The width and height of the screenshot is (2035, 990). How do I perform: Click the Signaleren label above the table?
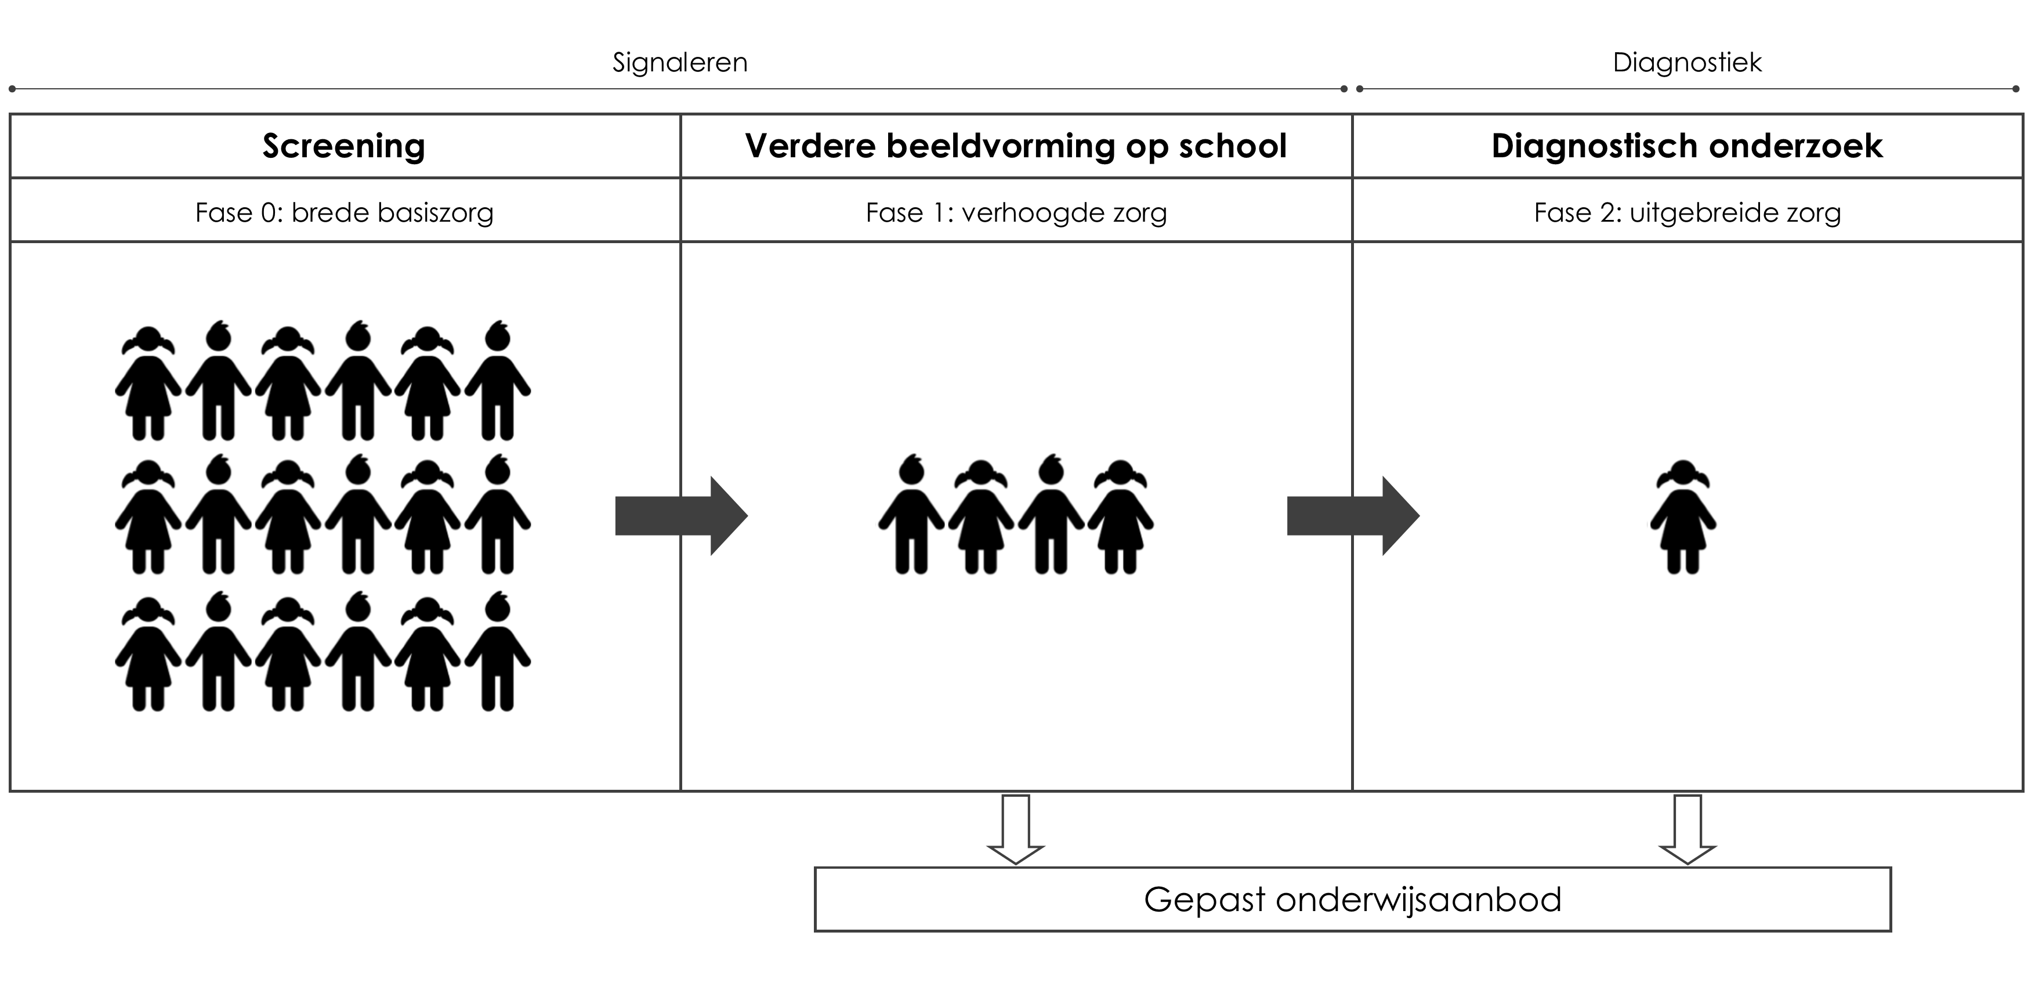(x=680, y=63)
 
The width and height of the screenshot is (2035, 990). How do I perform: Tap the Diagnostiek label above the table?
(x=1688, y=63)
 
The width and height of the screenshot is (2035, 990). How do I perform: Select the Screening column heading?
(x=343, y=147)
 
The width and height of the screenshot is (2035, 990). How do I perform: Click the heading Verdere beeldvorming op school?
(x=1016, y=146)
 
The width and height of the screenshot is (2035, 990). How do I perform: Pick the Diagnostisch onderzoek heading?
(x=1688, y=147)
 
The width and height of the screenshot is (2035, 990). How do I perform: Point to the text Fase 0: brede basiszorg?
(x=345, y=212)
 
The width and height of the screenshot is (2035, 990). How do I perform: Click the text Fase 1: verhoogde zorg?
(x=1016, y=212)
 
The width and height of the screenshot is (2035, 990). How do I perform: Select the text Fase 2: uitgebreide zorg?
(x=1688, y=212)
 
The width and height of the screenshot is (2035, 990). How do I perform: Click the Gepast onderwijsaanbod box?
(x=1352, y=899)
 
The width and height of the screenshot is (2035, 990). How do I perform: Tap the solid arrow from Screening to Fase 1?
(x=681, y=516)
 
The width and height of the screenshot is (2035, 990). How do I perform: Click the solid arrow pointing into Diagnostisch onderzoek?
(x=1353, y=516)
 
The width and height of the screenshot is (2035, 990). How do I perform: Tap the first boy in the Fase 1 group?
(x=912, y=514)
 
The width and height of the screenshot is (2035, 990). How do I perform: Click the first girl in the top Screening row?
(x=149, y=383)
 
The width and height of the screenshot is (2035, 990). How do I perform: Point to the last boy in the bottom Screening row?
(x=498, y=652)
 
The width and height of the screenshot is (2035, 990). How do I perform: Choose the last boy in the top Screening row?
(x=498, y=380)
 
